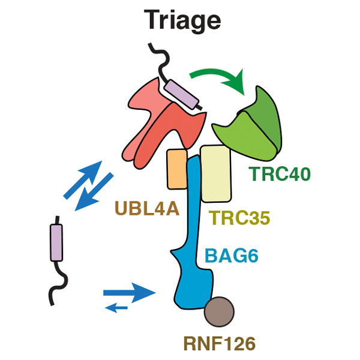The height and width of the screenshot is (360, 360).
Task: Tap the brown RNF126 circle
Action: pyautogui.click(x=218, y=311)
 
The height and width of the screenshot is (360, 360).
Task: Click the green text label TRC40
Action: pyautogui.click(x=279, y=175)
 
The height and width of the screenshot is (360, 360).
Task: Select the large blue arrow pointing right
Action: pyautogui.click(x=128, y=293)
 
